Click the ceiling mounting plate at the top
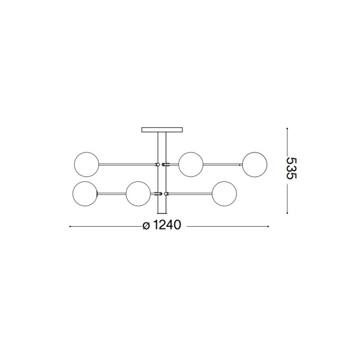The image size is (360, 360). click(160, 129)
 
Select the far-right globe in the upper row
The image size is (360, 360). click(255, 164)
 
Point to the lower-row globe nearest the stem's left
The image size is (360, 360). click(138, 193)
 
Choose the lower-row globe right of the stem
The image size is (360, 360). click(223, 193)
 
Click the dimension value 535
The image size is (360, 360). click(292, 169)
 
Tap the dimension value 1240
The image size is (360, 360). click(167, 227)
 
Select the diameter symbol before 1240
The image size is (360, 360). click(146, 227)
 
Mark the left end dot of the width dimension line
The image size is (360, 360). click(71, 227)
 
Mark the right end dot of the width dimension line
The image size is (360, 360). click(267, 227)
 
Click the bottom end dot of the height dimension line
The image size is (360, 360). click(287, 212)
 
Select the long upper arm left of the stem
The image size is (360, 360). click(126, 163)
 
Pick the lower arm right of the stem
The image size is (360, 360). click(188, 193)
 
